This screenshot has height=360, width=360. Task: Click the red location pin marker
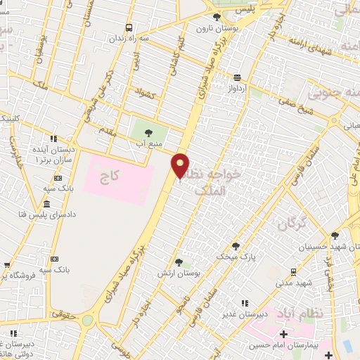point(181,165)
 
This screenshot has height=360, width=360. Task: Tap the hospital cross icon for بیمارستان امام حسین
point(283,334)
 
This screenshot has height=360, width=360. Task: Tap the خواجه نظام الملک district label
point(218,180)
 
